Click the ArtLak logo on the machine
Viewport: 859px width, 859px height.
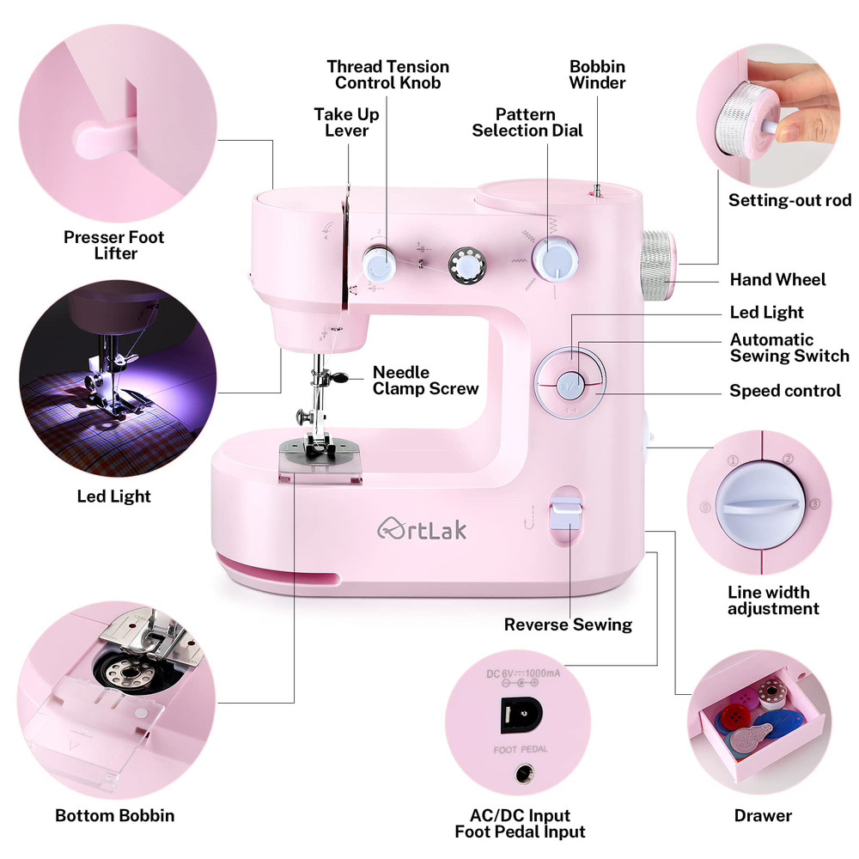click(x=422, y=528)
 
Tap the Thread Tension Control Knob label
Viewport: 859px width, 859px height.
click(x=388, y=75)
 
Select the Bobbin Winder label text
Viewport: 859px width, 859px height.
click(x=597, y=75)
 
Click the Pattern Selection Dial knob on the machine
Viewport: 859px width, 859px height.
click(x=555, y=259)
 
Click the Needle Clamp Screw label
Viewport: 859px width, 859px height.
click(x=426, y=381)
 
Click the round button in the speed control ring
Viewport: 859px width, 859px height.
click(x=570, y=384)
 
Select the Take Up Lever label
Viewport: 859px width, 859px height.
click(x=346, y=122)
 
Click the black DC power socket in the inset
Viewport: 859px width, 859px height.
click(x=521, y=714)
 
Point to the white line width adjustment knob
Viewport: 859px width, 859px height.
click(x=759, y=503)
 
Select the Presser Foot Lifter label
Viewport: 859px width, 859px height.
click(x=114, y=245)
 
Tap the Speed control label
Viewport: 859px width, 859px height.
click(x=785, y=391)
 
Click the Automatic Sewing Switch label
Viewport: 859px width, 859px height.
click(x=789, y=347)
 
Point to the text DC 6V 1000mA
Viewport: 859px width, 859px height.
click(x=523, y=673)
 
